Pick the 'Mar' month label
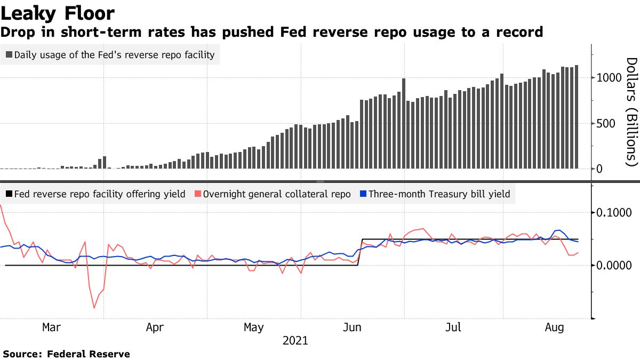pyautogui.click(x=51, y=327)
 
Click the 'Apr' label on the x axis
pyautogui.click(x=155, y=327)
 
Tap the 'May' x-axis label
pyautogui.click(x=253, y=327)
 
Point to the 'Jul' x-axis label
pyautogui.click(x=453, y=327)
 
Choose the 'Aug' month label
pyautogui.click(x=555, y=327)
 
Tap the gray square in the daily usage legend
pyautogui.click(x=9, y=55)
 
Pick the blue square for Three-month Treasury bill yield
pyautogui.click(x=363, y=194)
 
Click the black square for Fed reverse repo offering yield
pyautogui.click(x=9, y=194)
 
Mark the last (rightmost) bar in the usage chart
pyautogui.click(x=577, y=117)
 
